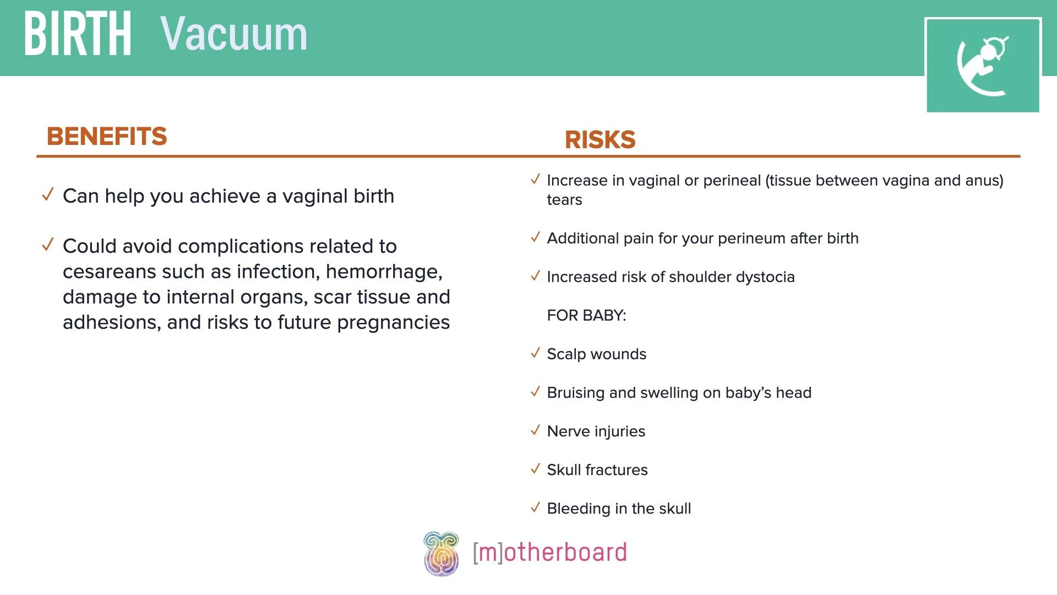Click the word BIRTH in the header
coord(78,34)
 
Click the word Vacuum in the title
coord(234,34)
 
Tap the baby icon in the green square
coord(983,66)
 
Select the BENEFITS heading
coord(107,136)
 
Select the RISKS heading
coord(600,139)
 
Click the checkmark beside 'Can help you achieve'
coord(48,194)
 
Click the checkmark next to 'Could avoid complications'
coord(48,244)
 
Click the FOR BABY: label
coord(586,315)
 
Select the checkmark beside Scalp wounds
coord(535,353)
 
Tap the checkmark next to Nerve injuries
coord(535,430)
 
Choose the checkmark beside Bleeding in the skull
coord(535,507)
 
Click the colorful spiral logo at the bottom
coord(441,554)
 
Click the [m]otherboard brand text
coord(549,553)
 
